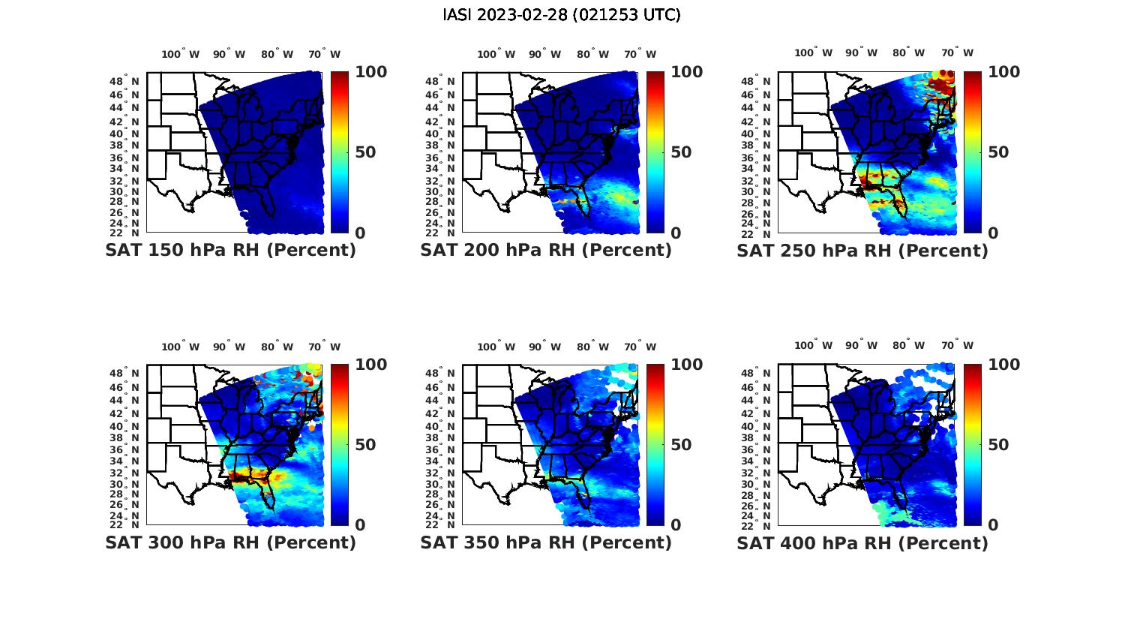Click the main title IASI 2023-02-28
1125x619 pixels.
pos(562,15)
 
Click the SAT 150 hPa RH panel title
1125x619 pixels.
pos(230,251)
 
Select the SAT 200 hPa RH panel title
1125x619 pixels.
pos(546,251)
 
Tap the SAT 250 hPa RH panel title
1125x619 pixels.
pos(862,251)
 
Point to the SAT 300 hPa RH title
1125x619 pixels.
pos(230,542)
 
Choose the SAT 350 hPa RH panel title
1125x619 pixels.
pos(546,542)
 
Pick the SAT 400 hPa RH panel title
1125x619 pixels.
pos(862,542)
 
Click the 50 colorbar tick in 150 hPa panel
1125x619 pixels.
pos(365,152)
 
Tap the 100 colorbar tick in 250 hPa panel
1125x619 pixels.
pos(1003,72)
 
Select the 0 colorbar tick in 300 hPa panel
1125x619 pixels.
pos(360,525)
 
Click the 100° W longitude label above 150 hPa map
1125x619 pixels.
pos(181,54)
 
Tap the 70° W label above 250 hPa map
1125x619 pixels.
pos(957,53)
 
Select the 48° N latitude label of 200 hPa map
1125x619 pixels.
pos(440,81)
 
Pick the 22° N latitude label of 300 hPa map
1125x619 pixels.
pos(124,524)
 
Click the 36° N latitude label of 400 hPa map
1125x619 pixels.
pos(756,449)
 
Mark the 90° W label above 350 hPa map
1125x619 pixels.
pos(544,347)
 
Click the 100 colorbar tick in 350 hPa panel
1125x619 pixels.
pos(687,365)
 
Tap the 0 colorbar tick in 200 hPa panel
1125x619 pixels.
pos(676,233)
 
